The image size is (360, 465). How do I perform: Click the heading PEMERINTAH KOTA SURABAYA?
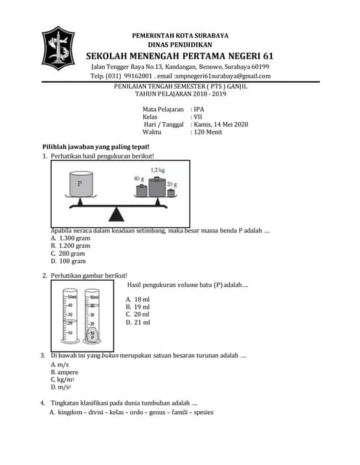click(180, 36)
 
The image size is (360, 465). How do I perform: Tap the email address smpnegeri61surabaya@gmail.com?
click(222, 76)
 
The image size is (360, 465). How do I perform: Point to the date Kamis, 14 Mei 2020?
click(220, 124)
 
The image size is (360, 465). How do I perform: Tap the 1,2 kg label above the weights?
click(158, 170)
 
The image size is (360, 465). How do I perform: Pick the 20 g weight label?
click(172, 185)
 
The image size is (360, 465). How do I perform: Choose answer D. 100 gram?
click(68, 262)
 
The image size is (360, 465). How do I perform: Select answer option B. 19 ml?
click(138, 307)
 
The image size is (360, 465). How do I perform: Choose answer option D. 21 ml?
click(138, 322)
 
